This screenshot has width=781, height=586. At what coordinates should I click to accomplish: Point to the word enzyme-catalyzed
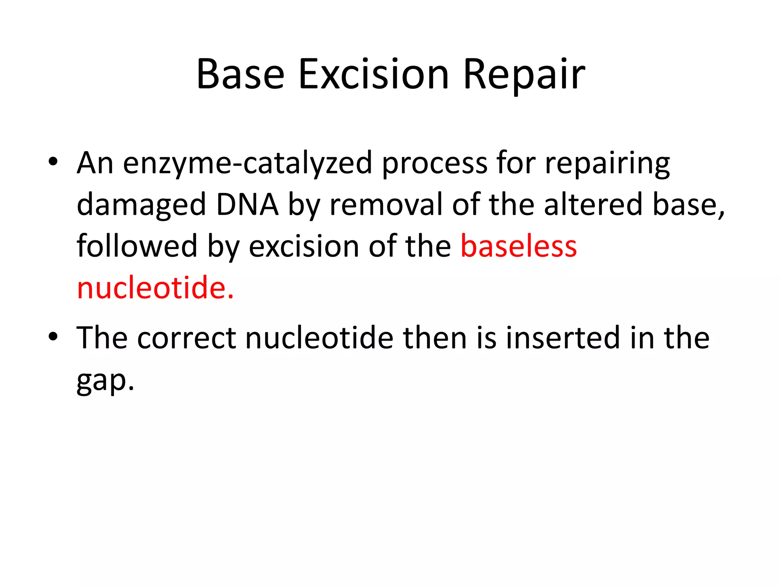tap(247, 163)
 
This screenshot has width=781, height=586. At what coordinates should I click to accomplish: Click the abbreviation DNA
tap(247, 205)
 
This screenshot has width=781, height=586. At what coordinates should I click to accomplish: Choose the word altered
tap(593, 205)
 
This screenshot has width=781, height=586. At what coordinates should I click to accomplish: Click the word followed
tap(137, 246)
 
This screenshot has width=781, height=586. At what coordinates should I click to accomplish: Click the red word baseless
tap(519, 246)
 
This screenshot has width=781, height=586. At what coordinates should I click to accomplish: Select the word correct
tap(186, 338)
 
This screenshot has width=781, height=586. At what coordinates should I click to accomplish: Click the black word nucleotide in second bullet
tap(319, 338)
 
